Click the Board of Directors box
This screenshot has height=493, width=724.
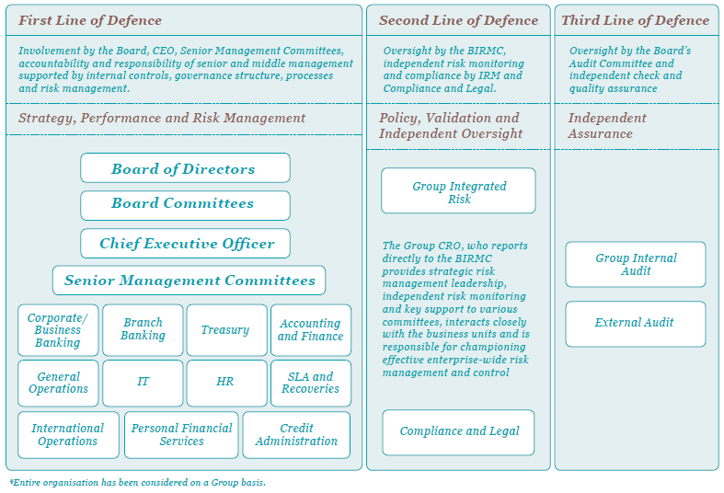185,168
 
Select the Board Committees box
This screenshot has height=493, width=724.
185,204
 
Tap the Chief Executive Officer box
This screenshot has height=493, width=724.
185,244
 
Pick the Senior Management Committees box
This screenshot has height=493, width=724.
190,281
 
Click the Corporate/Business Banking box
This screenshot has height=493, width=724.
58,330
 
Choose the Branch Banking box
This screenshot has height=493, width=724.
143,330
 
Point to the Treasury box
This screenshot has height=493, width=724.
226,330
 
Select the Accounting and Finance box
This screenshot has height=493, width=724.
310,330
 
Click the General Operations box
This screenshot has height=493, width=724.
58,383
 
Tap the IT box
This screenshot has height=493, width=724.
143,383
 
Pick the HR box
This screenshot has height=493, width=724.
226,383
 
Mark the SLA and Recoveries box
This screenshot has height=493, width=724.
310,383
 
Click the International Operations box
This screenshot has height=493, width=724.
68,435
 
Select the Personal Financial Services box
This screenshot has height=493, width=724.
181,435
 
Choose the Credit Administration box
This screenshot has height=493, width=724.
296,435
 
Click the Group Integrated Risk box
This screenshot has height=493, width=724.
458,191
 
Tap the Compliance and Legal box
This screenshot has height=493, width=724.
458,431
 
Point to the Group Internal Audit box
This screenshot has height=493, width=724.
636,265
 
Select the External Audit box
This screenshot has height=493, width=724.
636,324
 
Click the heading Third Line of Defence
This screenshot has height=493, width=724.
636,20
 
